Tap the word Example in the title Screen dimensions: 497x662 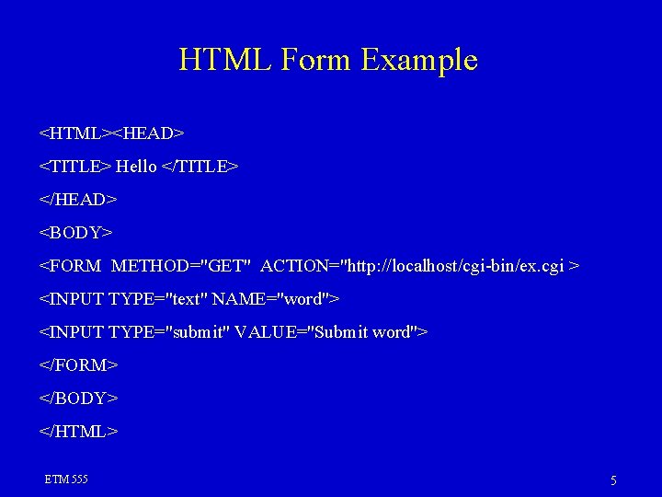[419, 60]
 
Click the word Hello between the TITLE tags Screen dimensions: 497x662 [136, 167]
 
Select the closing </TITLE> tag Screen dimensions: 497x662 [200, 167]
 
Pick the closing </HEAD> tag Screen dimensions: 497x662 [78, 200]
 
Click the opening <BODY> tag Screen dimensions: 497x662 [75, 233]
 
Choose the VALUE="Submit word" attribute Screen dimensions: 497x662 [327, 332]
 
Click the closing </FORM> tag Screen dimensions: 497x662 [78, 365]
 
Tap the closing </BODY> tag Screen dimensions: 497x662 [78, 399]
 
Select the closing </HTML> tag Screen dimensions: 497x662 [78, 432]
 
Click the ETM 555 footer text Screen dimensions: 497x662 [66, 480]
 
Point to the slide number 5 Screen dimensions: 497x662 [613, 480]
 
